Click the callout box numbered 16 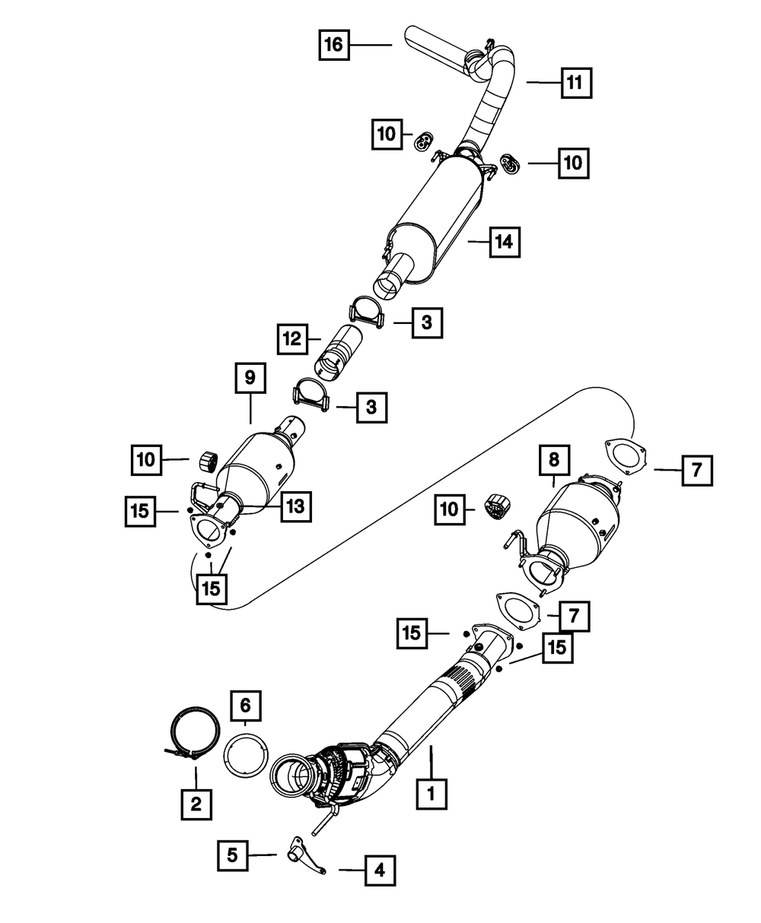[333, 45]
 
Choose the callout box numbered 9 [250, 378]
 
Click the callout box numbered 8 [553, 459]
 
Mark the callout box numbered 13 [295, 507]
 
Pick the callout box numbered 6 [246, 706]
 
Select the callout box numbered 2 [196, 803]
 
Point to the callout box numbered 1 [431, 794]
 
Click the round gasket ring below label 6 [245, 753]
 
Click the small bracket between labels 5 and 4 [302, 851]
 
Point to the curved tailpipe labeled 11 [487, 106]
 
